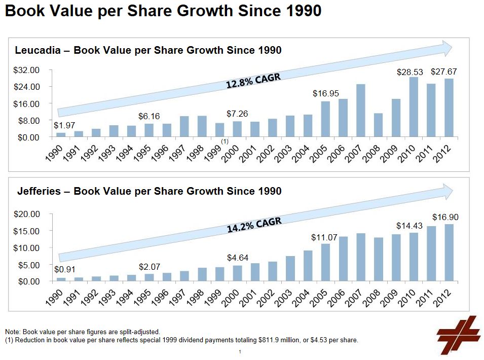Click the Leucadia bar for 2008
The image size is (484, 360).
(x=379, y=125)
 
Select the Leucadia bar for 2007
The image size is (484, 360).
(x=361, y=111)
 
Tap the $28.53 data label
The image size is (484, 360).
(x=409, y=73)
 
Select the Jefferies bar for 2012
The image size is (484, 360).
(x=449, y=253)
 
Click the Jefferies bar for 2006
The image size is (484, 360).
(x=344, y=259)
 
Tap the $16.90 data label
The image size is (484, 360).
(x=445, y=217)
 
